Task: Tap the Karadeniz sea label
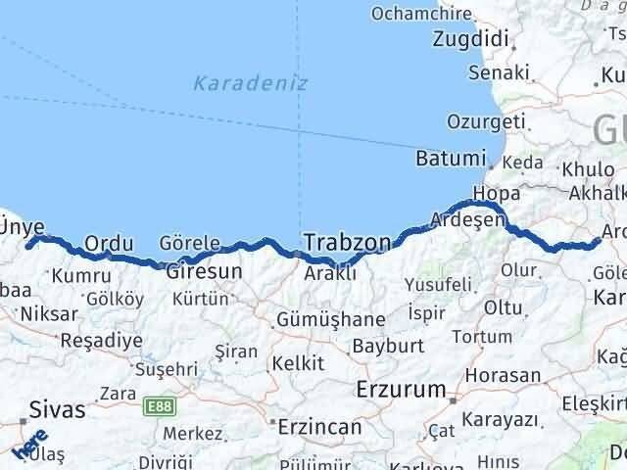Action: point(250,83)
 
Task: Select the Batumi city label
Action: point(450,159)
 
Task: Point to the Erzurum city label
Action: point(401,390)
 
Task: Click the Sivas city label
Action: point(57,409)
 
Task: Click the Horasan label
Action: point(504,375)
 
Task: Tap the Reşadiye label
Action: point(101,341)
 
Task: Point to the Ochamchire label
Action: point(422,14)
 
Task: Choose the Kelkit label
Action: point(298,363)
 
